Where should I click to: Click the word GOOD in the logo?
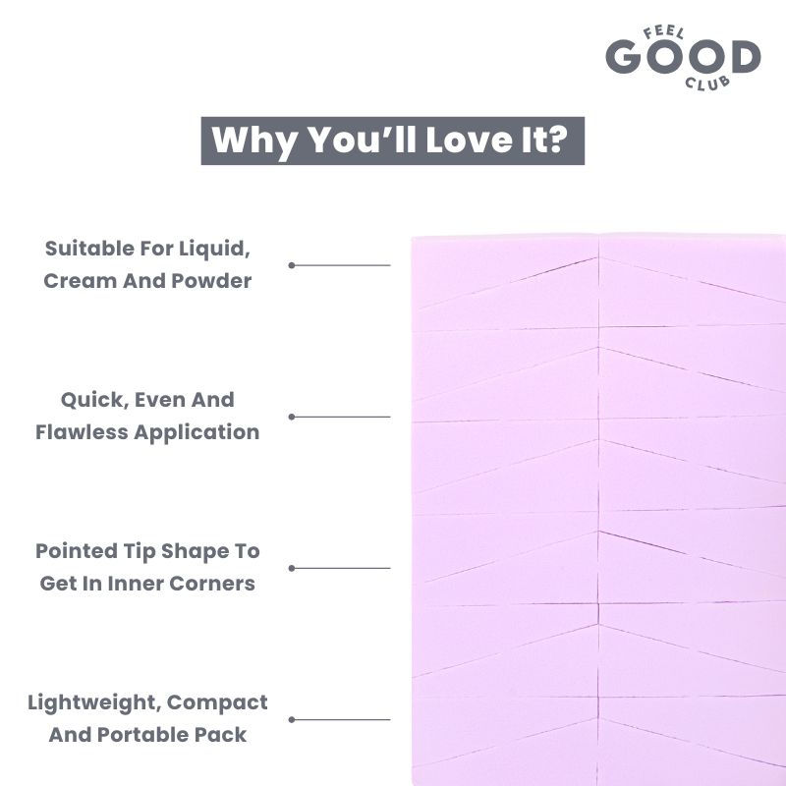point(683,57)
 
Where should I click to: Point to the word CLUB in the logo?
point(710,82)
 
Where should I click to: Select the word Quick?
point(90,400)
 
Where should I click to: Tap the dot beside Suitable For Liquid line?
point(292,264)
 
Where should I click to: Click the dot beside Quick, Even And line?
point(292,417)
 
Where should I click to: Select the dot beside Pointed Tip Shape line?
point(292,568)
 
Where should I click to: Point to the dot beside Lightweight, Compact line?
point(292,719)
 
